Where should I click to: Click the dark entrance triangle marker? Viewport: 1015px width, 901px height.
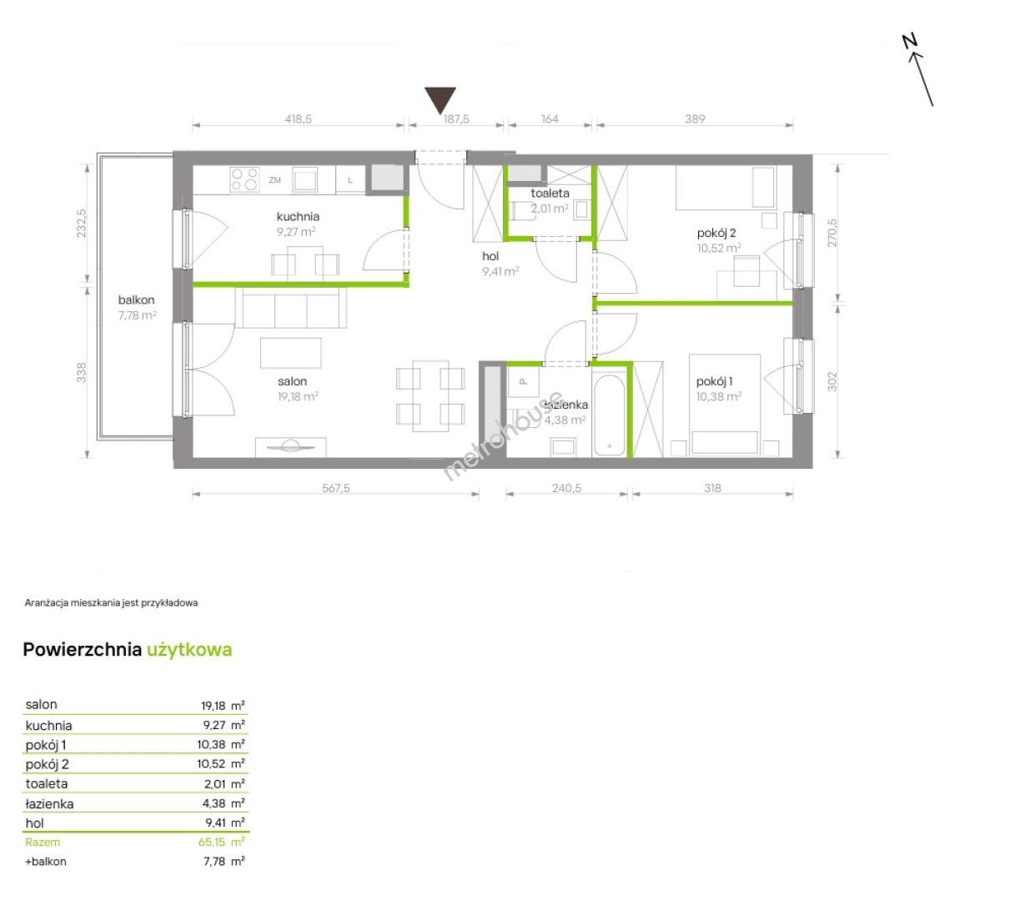point(440,99)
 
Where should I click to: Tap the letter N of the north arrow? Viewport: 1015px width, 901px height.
point(909,41)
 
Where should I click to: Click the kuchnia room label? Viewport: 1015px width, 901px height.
point(298,216)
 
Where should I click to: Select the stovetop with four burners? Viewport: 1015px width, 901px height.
point(244,179)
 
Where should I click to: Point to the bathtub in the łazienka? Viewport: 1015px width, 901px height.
point(609,416)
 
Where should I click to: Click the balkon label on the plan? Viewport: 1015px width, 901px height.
point(136,299)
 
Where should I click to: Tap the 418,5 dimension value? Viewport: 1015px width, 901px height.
point(298,118)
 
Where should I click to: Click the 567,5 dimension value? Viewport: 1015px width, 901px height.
point(335,487)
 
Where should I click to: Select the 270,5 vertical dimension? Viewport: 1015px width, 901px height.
point(832,233)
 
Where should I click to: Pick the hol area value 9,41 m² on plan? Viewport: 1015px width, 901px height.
point(500,272)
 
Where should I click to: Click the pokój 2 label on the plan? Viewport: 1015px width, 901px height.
point(716,233)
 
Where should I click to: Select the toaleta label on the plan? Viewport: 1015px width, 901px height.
point(550,193)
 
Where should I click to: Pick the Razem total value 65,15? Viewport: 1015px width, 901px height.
point(212,842)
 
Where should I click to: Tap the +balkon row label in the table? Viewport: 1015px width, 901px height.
point(46,862)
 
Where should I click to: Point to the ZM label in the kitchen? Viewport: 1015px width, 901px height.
point(274,180)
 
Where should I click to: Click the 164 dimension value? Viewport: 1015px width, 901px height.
point(550,118)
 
